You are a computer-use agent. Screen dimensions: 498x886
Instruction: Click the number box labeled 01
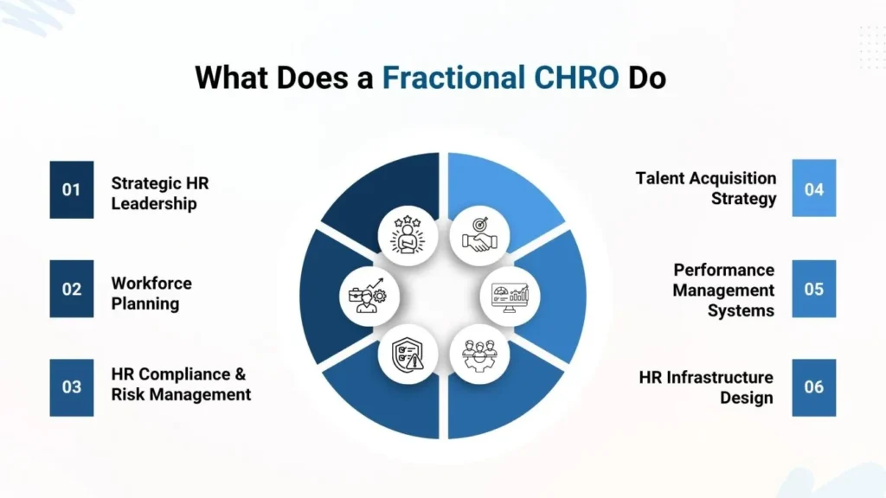click(71, 189)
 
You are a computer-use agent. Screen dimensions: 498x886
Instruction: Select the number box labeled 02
click(71, 289)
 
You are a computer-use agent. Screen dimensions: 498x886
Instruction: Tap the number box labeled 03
click(71, 387)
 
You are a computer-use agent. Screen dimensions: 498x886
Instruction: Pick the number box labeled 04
click(814, 188)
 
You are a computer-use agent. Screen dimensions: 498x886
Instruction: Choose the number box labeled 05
click(814, 289)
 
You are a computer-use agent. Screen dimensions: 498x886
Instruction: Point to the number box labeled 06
click(814, 387)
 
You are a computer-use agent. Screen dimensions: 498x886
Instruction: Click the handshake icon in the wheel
click(479, 234)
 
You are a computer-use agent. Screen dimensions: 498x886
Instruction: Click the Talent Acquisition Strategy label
click(706, 188)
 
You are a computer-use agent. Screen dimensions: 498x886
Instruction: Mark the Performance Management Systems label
click(723, 290)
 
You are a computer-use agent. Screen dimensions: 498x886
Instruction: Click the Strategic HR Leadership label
click(160, 194)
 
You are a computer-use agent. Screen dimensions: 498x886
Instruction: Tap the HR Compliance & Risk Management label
click(181, 384)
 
